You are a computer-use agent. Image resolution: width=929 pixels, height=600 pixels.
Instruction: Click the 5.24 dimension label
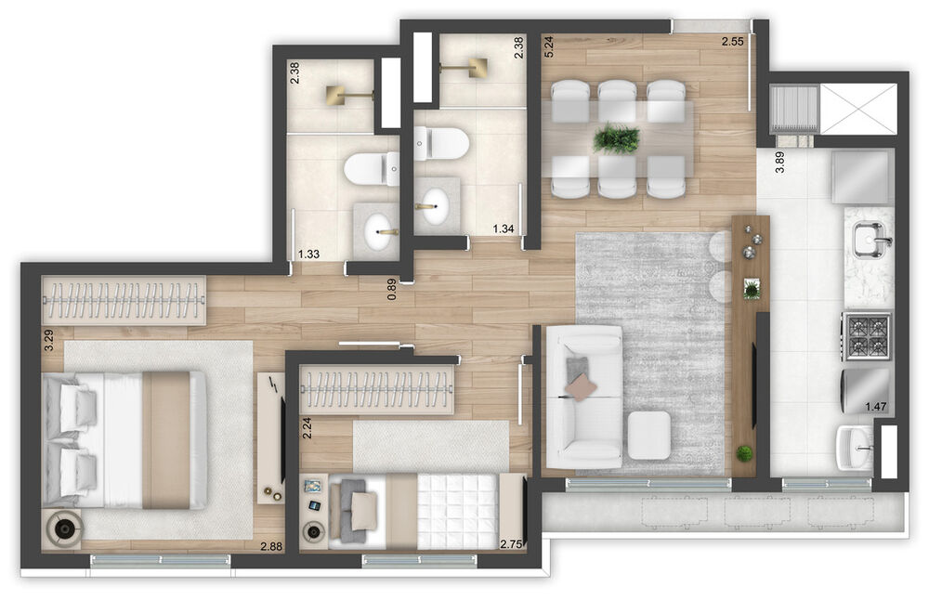click(548, 46)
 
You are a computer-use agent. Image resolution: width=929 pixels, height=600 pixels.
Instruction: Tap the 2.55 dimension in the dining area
click(732, 42)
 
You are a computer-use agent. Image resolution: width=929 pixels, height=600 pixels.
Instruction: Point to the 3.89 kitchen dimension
click(779, 162)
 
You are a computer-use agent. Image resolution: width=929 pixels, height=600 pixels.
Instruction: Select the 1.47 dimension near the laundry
click(876, 406)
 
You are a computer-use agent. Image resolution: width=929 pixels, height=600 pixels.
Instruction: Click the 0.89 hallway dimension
click(391, 289)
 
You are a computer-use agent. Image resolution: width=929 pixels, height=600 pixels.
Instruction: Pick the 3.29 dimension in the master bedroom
click(49, 340)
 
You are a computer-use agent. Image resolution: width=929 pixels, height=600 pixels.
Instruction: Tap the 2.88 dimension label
click(271, 547)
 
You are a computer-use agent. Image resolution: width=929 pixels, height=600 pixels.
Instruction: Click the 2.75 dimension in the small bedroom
click(511, 544)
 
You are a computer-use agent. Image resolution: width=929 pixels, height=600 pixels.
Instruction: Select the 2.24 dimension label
click(307, 427)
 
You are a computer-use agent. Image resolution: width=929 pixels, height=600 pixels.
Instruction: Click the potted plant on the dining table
click(616, 138)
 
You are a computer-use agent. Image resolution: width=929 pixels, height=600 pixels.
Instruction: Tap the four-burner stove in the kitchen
click(867, 336)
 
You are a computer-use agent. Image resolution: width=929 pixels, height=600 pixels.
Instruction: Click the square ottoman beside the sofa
click(648, 436)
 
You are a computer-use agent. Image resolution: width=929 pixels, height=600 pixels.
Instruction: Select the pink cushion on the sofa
click(581, 387)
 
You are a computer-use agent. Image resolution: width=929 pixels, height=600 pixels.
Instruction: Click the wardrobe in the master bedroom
click(124, 300)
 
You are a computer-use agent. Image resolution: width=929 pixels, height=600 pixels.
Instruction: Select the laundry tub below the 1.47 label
click(854, 448)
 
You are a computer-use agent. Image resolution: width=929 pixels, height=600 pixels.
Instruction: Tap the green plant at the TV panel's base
click(743, 453)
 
